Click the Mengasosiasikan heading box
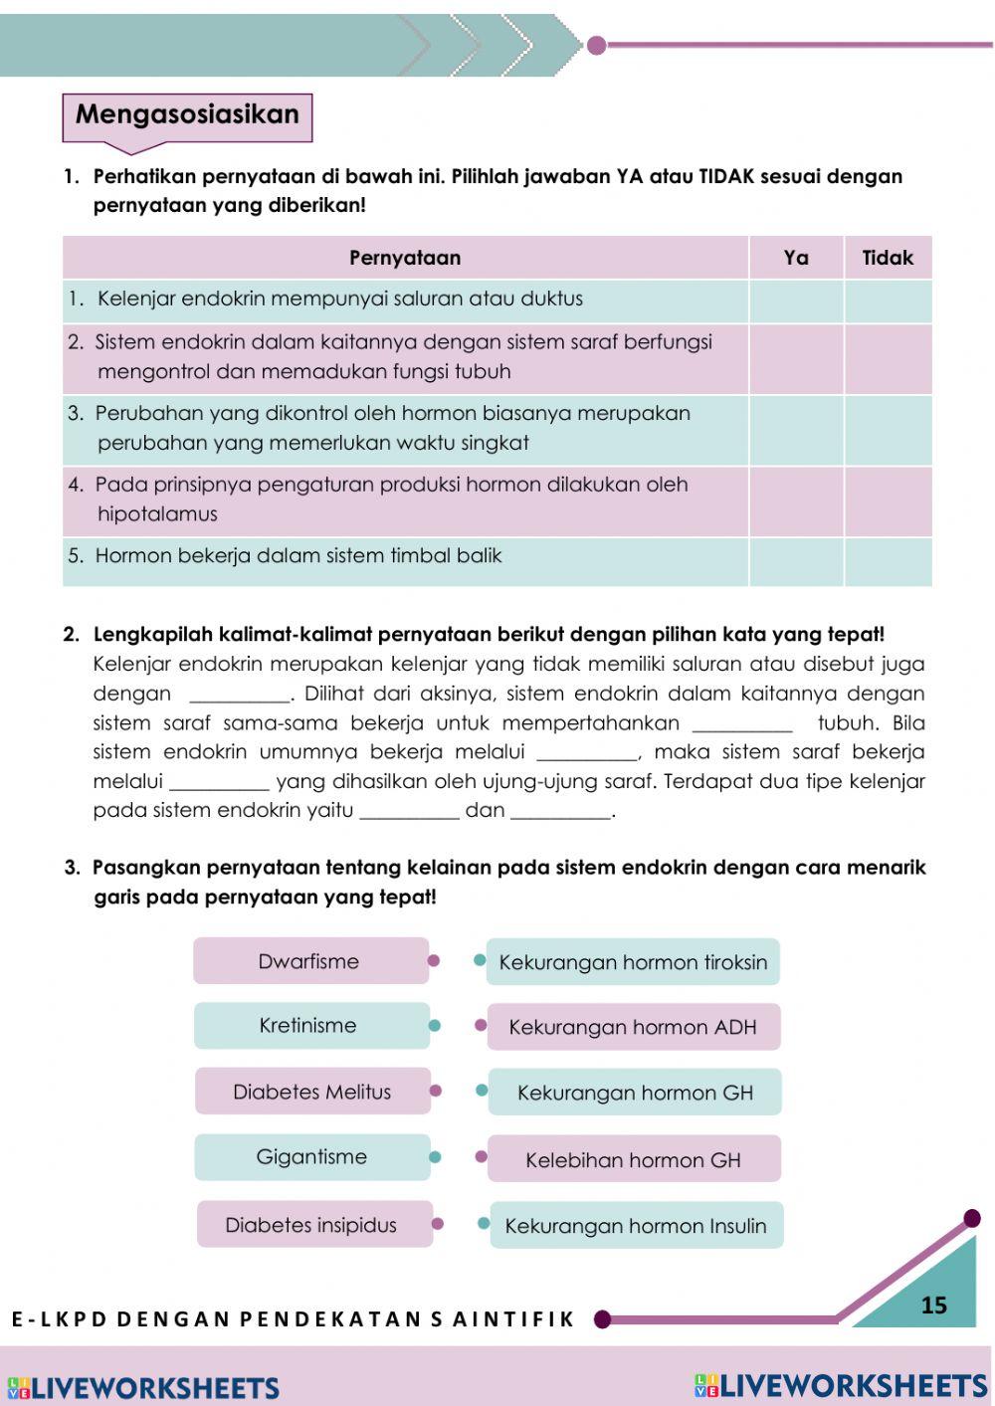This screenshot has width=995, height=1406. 187,115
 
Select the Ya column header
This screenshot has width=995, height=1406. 796,258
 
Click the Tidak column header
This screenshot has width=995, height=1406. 888,258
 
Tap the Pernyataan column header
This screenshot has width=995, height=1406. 405,258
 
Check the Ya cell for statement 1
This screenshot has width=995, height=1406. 796,301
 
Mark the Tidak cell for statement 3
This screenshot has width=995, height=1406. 888,430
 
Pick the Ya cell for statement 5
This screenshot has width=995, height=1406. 796,562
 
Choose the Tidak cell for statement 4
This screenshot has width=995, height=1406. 888,502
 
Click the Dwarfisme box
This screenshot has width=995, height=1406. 310,961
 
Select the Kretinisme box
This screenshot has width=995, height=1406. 310,1026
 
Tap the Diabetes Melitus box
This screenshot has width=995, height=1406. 312,1092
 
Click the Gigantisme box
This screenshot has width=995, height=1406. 312,1157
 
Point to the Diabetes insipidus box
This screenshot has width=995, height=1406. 313,1225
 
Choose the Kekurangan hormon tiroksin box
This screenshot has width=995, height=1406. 633,962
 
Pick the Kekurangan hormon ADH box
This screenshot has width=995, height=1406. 633,1027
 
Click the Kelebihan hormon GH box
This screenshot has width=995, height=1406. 634,1159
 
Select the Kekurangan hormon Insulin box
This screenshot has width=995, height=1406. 636,1226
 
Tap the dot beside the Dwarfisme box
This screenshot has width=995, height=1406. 434,960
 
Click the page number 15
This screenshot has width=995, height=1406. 933,1306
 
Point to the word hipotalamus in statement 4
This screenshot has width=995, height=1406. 157,514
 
